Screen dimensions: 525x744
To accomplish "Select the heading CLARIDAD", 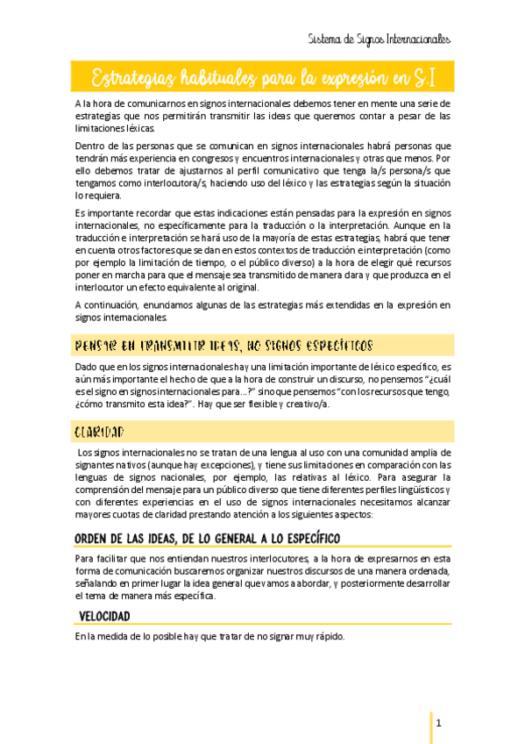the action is click(x=100, y=433).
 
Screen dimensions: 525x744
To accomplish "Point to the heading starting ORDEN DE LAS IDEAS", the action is click(x=208, y=538).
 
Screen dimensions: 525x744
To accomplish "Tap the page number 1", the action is click(x=440, y=723).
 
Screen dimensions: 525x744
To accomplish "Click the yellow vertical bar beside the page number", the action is click(x=431, y=726).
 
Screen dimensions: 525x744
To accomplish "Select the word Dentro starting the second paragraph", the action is click(x=91, y=146).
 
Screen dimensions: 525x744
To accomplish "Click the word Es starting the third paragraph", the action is click(x=80, y=213).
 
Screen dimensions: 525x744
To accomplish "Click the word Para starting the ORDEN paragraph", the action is click(x=87, y=558).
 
